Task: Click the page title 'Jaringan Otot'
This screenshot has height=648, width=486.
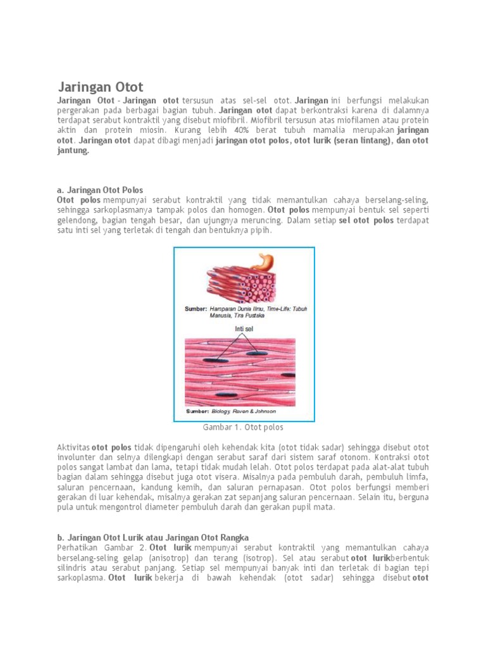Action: point(101,87)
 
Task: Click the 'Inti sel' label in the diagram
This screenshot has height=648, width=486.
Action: point(244,329)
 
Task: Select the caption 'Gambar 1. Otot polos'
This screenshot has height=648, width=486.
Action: point(244,427)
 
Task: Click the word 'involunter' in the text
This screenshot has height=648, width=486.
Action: point(77,457)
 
